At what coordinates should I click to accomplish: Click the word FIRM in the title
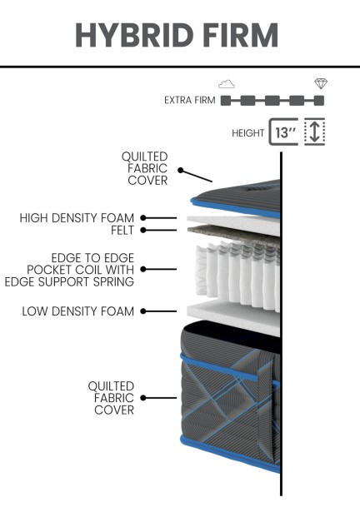point(241,35)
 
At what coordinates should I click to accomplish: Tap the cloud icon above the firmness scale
point(227,84)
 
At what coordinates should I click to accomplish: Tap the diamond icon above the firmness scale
point(321,83)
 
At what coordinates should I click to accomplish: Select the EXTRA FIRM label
point(190,100)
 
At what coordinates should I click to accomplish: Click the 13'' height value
point(285,132)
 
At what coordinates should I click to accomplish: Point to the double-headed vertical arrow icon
point(314,132)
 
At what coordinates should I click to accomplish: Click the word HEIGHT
point(247,133)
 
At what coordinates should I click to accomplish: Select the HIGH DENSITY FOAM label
point(77,218)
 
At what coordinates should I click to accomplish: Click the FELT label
point(122,231)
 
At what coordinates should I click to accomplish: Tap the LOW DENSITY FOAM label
point(77,311)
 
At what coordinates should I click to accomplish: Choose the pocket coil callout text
point(69,270)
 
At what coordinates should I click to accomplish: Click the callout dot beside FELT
point(143,231)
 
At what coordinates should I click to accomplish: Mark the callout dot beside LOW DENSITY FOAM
point(143,311)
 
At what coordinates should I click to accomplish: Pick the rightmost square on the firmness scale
point(319,101)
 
